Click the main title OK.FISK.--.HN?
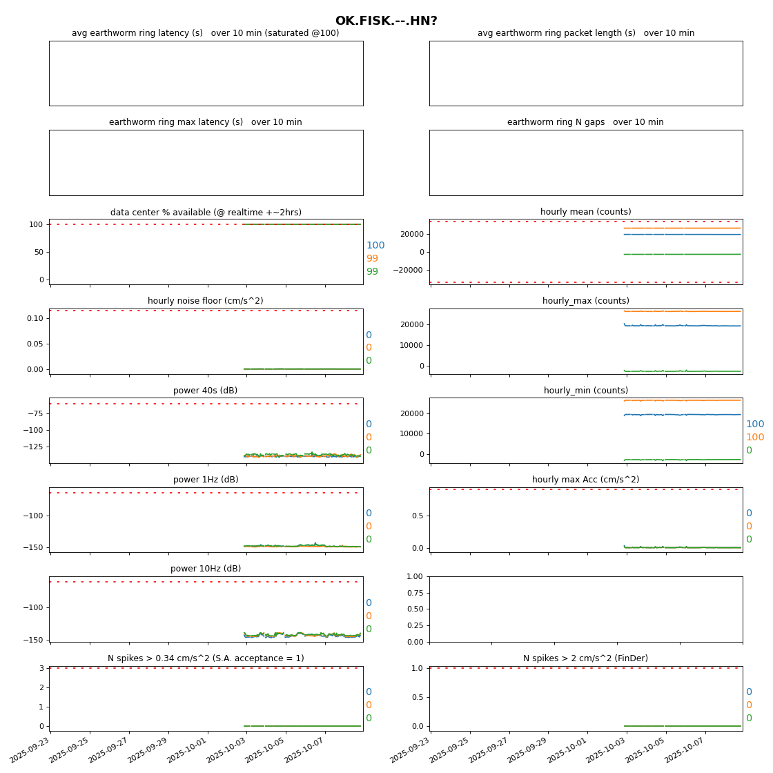point(386,21)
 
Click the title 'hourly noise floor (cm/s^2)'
point(205,301)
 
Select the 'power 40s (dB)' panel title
point(205,391)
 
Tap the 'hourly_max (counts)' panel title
point(585,301)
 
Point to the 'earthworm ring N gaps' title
point(585,122)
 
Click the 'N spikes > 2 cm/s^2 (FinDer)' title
point(585,658)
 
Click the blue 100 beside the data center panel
point(375,246)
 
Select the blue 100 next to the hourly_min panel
point(755,424)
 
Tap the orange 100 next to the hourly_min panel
point(755,438)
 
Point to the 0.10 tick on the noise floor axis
point(35,318)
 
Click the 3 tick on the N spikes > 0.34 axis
point(41,668)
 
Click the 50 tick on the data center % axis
point(38,252)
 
